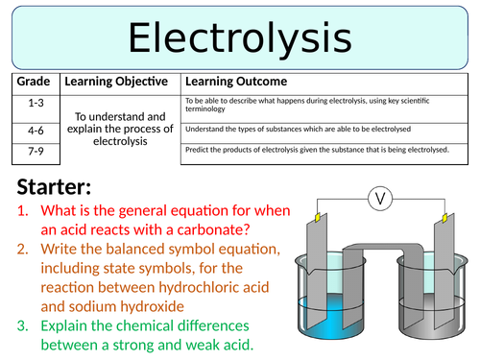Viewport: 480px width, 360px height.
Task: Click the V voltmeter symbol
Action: tap(381, 200)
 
